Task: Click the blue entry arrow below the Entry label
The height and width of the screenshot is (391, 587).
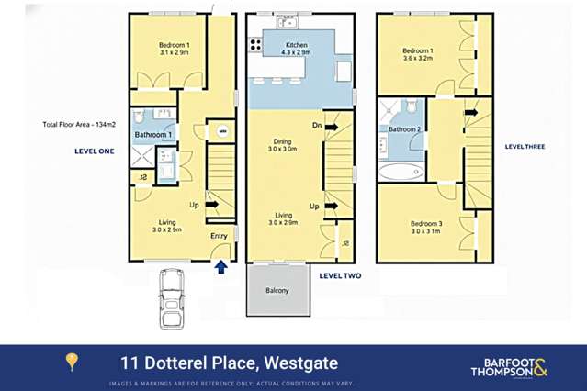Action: [x=220, y=266]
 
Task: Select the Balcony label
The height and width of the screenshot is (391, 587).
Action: [x=277, y=291]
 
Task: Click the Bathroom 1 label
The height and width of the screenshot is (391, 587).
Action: [x=153, y=135]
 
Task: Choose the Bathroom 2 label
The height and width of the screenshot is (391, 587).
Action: [x=404, y=129]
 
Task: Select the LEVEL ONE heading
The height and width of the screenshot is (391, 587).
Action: [x=94, y=151]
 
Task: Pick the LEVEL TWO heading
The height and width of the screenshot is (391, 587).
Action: [x=340, y=275]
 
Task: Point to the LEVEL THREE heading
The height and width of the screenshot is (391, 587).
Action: [x=525, y=146]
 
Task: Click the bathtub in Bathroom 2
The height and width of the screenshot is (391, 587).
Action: [x=398, y=171]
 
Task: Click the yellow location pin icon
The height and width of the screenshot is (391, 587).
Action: [x=72, y=362]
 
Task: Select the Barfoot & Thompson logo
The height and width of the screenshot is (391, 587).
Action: [x=508, y=367]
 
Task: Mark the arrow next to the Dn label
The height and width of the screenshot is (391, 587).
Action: [x=331, y=126]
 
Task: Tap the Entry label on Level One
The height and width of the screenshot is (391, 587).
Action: [x=219, y=236]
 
